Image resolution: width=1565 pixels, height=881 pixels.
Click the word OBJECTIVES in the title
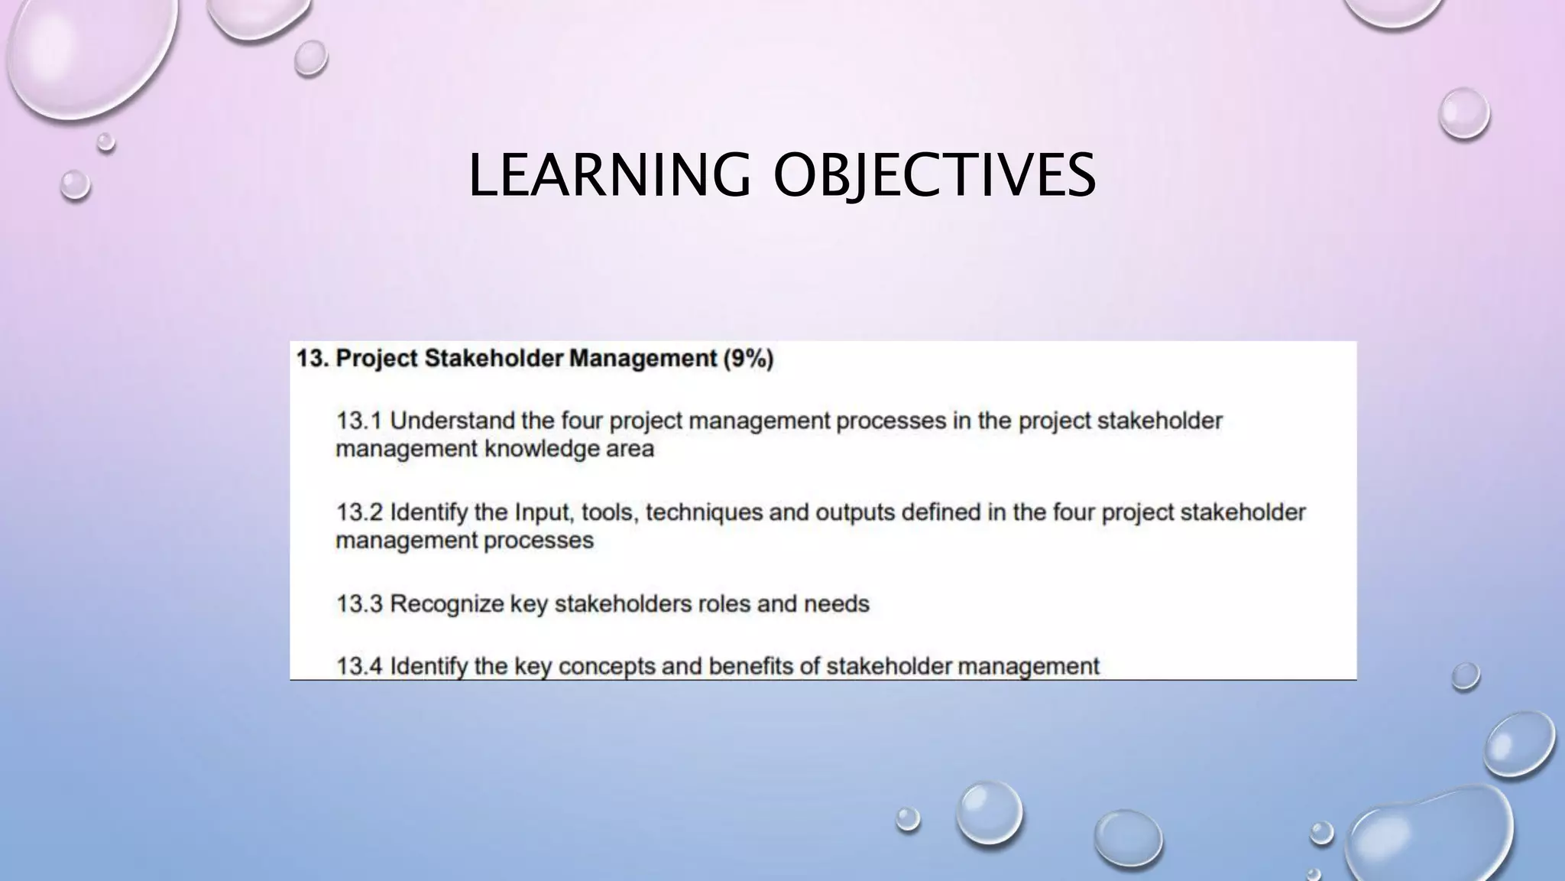935,175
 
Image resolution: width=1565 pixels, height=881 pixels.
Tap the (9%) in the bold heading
748,359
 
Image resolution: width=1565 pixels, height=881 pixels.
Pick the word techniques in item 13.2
704,512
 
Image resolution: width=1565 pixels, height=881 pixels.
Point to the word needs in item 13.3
836,604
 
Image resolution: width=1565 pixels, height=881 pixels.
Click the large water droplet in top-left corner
88,54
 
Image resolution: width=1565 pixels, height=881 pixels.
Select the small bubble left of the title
75,184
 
